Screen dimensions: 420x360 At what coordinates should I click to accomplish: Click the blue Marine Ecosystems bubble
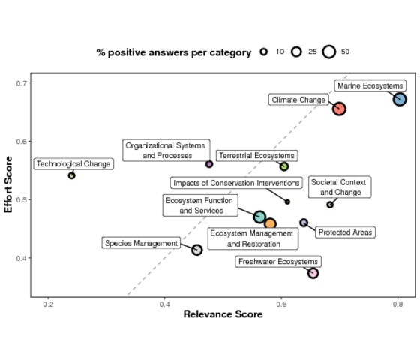(400, 99)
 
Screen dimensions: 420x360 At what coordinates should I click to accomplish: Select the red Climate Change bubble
(339, 109)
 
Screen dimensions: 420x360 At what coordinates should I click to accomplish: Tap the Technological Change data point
(71, 175)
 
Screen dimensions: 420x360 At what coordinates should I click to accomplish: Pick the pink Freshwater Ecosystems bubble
(313, 273)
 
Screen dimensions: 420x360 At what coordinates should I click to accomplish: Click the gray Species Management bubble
(196, 250)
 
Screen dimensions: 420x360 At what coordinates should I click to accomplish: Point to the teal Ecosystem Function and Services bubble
(259, 217)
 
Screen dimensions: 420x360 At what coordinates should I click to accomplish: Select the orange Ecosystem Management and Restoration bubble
(270, 224)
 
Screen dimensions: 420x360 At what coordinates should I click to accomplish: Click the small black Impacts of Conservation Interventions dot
(287, 202)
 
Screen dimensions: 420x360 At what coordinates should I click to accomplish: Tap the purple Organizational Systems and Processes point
(209, 164)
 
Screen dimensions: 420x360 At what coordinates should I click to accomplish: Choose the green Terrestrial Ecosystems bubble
(284, 166)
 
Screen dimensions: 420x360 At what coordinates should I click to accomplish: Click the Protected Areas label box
(345, 232)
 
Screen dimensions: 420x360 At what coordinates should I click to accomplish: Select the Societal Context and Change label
(340, 187)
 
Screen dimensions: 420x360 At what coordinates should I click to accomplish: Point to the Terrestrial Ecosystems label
(256, 156)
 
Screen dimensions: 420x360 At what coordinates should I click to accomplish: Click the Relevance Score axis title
(223, 314)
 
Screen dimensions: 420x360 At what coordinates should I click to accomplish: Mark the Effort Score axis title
(8, 184)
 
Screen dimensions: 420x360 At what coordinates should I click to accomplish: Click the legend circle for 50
(329, 52)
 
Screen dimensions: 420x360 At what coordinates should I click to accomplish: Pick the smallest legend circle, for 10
(264, 52)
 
